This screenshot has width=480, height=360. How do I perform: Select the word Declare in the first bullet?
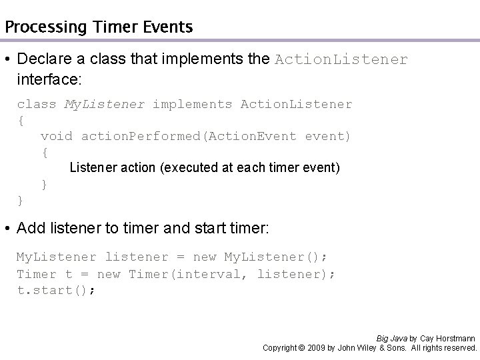pos(45,60)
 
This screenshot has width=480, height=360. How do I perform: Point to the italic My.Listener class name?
pos(104,105)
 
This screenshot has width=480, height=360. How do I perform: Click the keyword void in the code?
pos(57,136)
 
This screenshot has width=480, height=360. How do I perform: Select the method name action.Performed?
pos(141,136)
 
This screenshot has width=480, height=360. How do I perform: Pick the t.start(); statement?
pos(56,291)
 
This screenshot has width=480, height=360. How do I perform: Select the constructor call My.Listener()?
pos(275,257)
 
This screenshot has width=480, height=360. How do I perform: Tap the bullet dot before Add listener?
pos(8,229)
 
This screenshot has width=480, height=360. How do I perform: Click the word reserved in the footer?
pos(459,348)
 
